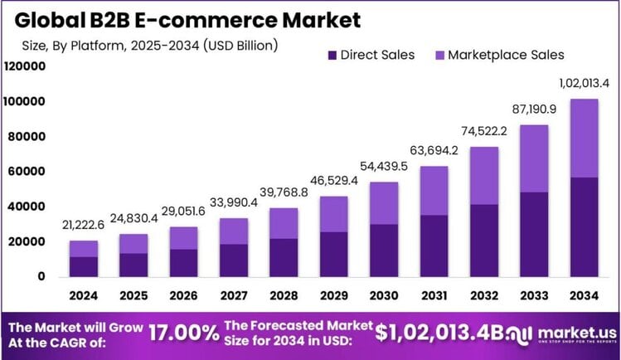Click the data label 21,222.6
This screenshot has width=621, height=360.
[84, 226]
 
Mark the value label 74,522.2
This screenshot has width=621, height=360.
[483, 131]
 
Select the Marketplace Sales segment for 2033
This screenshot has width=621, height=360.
[533, 158]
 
